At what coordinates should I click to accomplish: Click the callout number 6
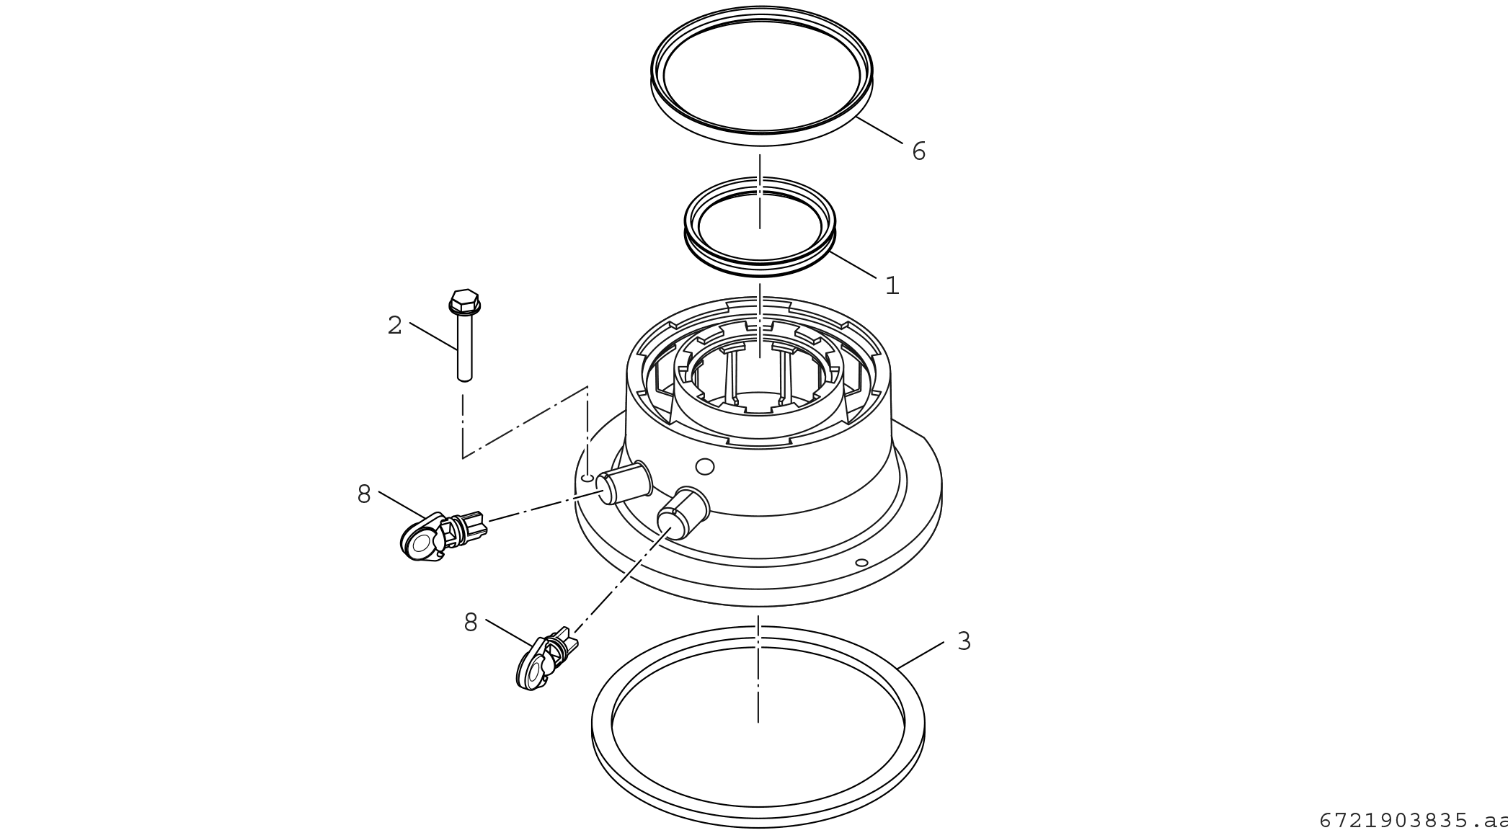point(918,151)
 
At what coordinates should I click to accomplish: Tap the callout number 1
point(892,286)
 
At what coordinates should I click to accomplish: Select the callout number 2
point(394,326)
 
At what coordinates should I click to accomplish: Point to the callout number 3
point(964,641)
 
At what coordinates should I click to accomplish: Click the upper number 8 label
point(364,494)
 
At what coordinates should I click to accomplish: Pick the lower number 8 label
point(471,623)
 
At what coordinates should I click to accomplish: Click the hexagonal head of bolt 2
point(464,302)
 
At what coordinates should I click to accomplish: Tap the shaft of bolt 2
point(465,348)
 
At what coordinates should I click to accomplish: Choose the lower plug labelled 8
point(546,659)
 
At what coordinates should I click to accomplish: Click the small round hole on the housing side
point(705,466)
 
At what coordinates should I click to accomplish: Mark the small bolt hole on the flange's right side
point(861,562)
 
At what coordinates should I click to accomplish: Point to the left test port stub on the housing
point(624,482)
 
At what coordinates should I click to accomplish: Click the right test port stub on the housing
point(683,512)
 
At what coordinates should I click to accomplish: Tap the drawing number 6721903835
point(1393,821)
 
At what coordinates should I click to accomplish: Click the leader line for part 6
point(879,130)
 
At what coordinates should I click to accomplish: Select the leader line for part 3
point(921,655)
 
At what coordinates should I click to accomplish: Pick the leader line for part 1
point(853,264)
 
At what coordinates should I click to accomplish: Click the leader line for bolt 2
point(433,336)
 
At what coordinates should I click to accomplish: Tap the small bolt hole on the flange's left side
point(587,478)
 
